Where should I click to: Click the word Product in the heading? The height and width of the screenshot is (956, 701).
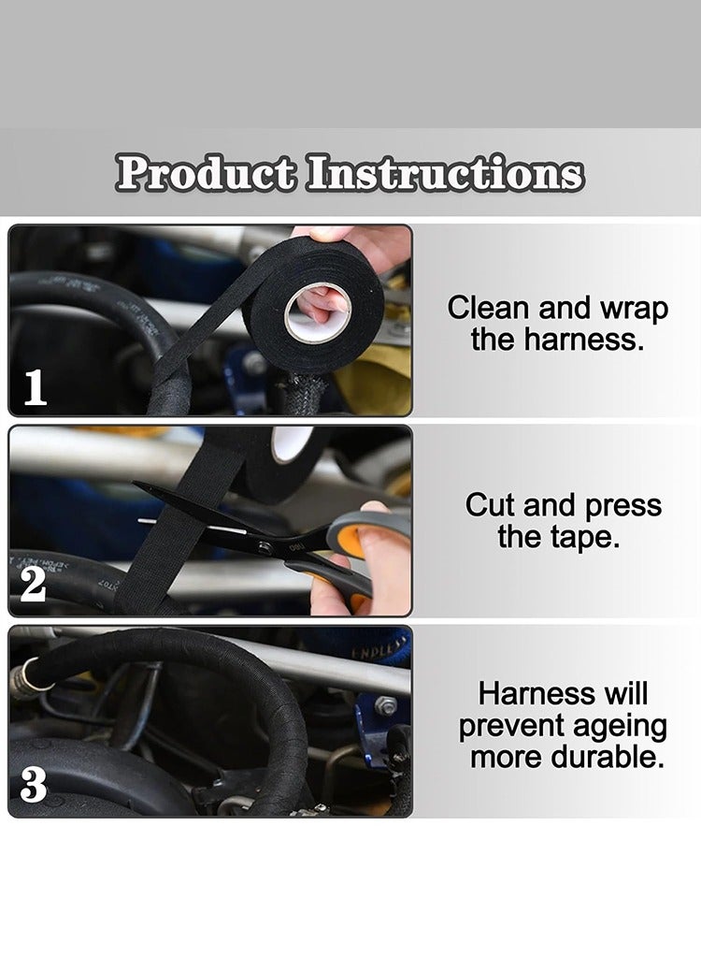[207, 174]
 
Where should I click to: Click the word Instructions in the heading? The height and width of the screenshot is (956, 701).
[445, 174]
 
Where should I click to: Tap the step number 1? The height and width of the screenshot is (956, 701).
[35, 388]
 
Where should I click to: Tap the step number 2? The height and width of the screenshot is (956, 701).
[33, 585]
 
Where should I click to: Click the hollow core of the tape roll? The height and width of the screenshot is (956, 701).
[318, 312]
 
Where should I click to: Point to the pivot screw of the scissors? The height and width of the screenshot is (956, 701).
[265, 547]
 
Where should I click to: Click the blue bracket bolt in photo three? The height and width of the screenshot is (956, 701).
[386, 705]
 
